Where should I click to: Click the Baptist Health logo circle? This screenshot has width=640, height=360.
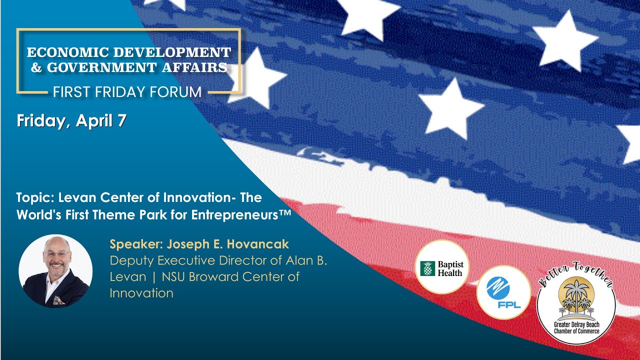[x=441, y=267]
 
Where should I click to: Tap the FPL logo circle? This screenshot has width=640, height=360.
[x=503, y=292]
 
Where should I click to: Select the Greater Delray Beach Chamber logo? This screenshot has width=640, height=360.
[x=576, y=306]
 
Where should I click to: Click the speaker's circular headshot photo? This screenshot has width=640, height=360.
[x=55, y=270]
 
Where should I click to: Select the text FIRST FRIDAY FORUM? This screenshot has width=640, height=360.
[x=127, y=92]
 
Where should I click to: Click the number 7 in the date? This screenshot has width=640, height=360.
[x=122, y=121]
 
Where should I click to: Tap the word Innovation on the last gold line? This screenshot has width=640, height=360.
[x=141, y=293]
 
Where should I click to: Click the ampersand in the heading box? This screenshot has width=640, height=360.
[x=36, y=67]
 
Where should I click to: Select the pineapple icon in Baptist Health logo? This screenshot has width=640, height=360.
[x=428, y=268]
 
